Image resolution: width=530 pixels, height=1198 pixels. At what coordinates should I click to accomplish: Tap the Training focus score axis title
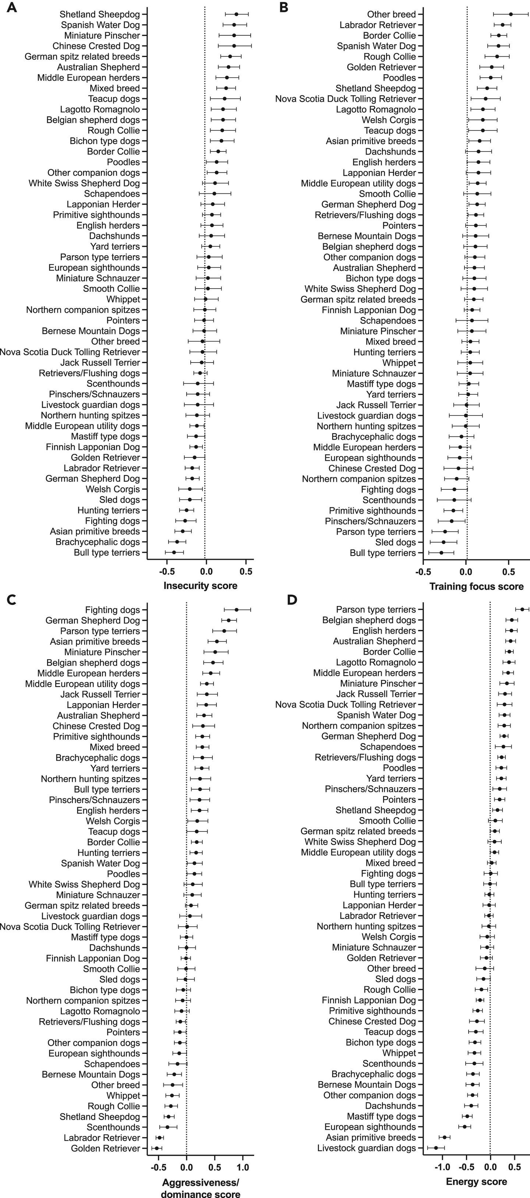[x=476, y=586]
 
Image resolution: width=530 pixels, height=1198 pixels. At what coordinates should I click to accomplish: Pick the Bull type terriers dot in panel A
[x=174, y=553]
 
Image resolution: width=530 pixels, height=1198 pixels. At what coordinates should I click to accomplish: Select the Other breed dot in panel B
[x=510, y=14]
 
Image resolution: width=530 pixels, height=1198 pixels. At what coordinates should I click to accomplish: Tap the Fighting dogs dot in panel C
[x=236, y=610]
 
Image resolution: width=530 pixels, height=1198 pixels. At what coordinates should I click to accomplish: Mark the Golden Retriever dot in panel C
[x=157, y=1148]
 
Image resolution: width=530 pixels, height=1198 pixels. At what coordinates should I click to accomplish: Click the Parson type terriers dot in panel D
[x=522, y=609]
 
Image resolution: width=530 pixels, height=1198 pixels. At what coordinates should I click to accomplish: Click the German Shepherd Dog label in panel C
[x=93, y=620]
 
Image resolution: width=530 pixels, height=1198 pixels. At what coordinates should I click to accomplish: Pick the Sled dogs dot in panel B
[x=444, y=542]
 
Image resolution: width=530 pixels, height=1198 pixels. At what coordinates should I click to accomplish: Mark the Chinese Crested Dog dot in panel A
[x=234, y=46]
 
